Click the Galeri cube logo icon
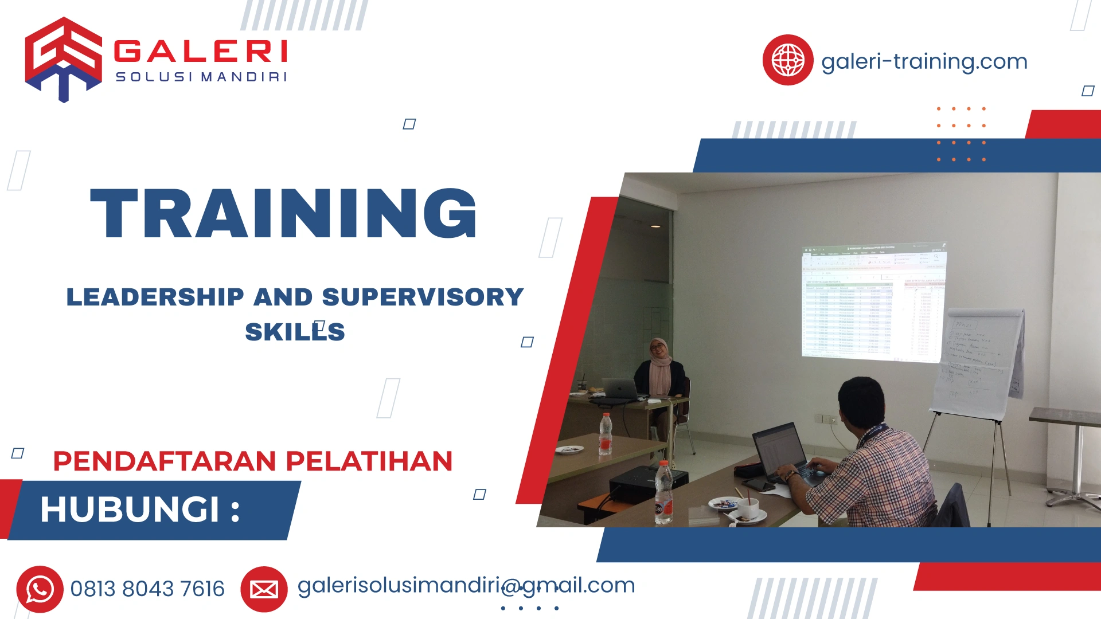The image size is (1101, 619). point(63,59)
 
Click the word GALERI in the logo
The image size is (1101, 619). point(201,52)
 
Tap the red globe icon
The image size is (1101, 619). point(787,60)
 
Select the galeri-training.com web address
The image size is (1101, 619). point(924,61)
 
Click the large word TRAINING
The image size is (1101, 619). point(283,213)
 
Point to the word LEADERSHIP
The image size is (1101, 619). point(155,297)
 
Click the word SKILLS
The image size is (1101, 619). point(295,332)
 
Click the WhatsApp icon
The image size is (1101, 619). point(40,589)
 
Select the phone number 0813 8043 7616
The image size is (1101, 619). point(147,589)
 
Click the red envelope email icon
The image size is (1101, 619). point(264,589)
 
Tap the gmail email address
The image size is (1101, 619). point(466,585)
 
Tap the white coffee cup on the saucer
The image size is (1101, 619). point(748,508)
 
